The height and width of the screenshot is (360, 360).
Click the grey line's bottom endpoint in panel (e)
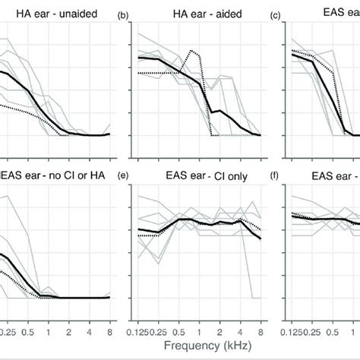(261, 298)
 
